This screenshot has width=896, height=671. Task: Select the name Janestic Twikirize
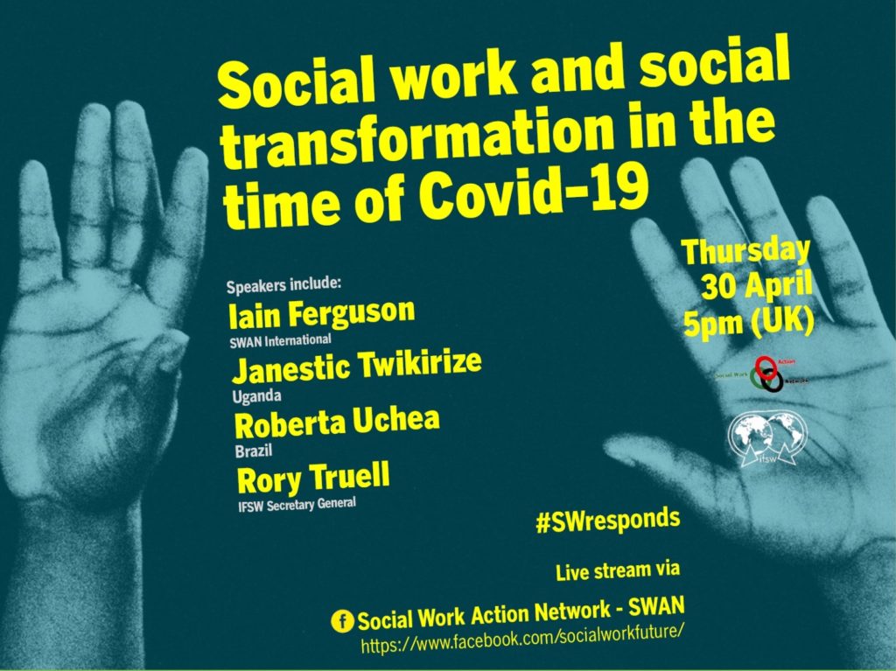[x=356, y=367]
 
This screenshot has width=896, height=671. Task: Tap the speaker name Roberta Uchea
[x=337, y=423]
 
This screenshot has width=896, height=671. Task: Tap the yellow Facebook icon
[x=342, y=621]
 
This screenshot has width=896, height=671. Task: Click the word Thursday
[x=746, y=251]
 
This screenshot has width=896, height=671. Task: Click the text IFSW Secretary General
[x=297, y=507]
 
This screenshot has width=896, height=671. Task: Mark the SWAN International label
[x=280, y=340]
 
